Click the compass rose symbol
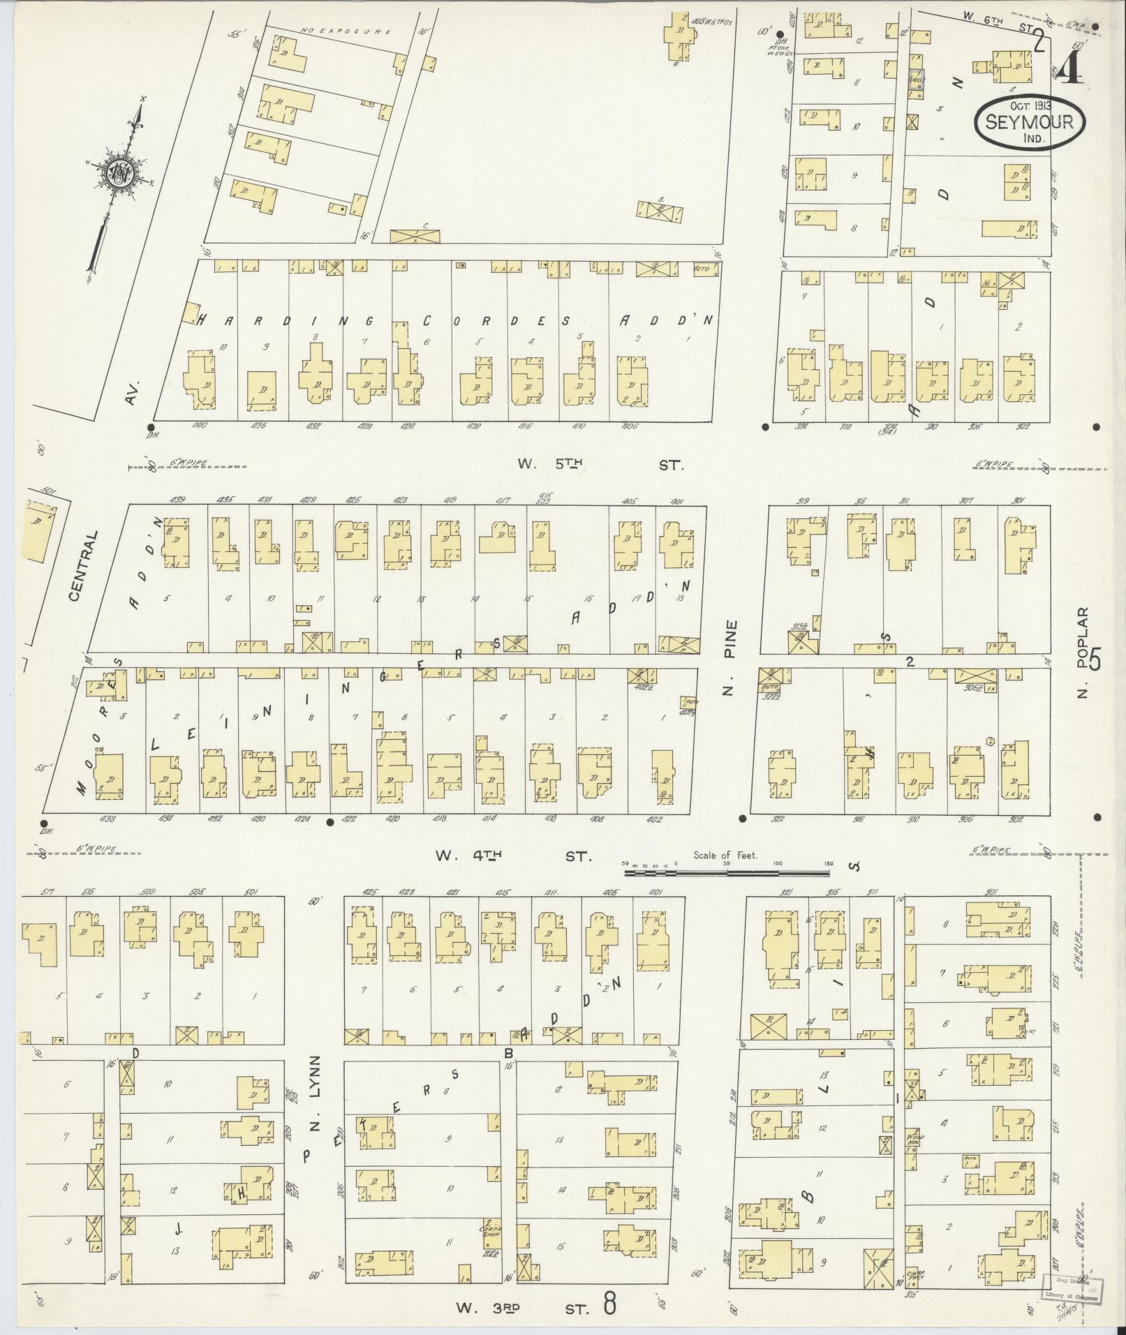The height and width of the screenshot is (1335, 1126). click(x=119, y=171)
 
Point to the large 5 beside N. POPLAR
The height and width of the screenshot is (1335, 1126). click(x=1094, y=659)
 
